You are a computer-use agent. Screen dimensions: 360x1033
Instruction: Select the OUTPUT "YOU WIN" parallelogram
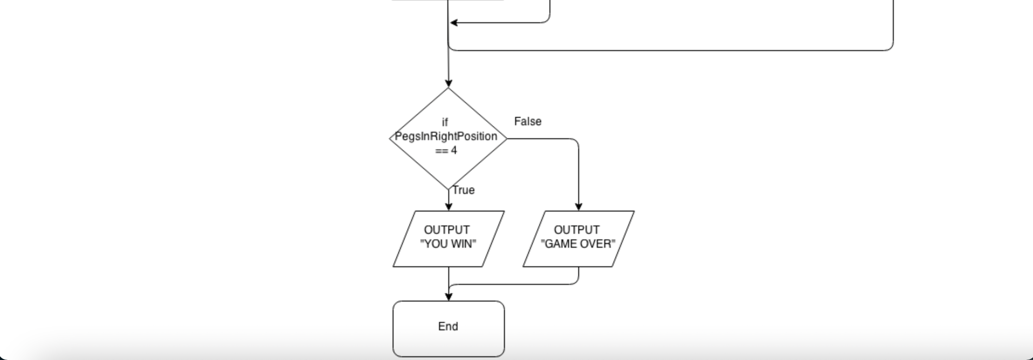pyautogui.click(x=448, y=238)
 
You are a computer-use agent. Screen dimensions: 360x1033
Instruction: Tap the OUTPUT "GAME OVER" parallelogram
pyautogui.click(x=578, y=238)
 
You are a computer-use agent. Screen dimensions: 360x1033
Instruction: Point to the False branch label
pyautogui.click(x=528, y=122)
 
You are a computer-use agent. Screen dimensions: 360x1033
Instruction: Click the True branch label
pyautogui.click(x=464, y=190)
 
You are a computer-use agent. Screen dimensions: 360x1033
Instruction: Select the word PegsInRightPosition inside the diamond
pyautogui.click(x=446, y=136)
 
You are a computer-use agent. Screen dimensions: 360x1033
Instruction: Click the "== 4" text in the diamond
pyautogui.click(x=446, y=150)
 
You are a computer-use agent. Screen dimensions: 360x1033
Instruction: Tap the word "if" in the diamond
pyautogui.click(x=445, y=122)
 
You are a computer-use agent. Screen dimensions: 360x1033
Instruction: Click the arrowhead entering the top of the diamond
pyautogui.click(x=448, y=84)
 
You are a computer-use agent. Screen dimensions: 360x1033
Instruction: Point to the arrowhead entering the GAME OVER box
pyautogui.click(x=578, y=207)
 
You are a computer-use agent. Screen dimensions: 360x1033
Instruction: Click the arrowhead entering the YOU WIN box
pyautogui.click(x=448, y=207)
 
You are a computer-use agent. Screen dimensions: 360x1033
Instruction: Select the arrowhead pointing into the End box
pyautogui.click(x=448, y=297)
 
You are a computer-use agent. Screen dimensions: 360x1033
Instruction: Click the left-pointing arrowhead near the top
pyautogui.click(x=454, y=22)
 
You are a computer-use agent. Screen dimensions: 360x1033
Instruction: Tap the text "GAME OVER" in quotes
pyautogui.click(x=578, y=244)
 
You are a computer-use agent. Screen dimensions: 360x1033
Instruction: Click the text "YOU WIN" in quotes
pyautogui.click(x=448, y=244)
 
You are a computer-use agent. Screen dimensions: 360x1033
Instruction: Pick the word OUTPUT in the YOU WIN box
pyautogui.click(x=446, y=230)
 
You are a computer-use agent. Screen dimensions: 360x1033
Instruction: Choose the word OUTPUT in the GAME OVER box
pyautogui.click(x=576, y=230)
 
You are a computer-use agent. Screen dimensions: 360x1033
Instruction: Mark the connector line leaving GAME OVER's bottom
pyautogui.click(x=578, y=275)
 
